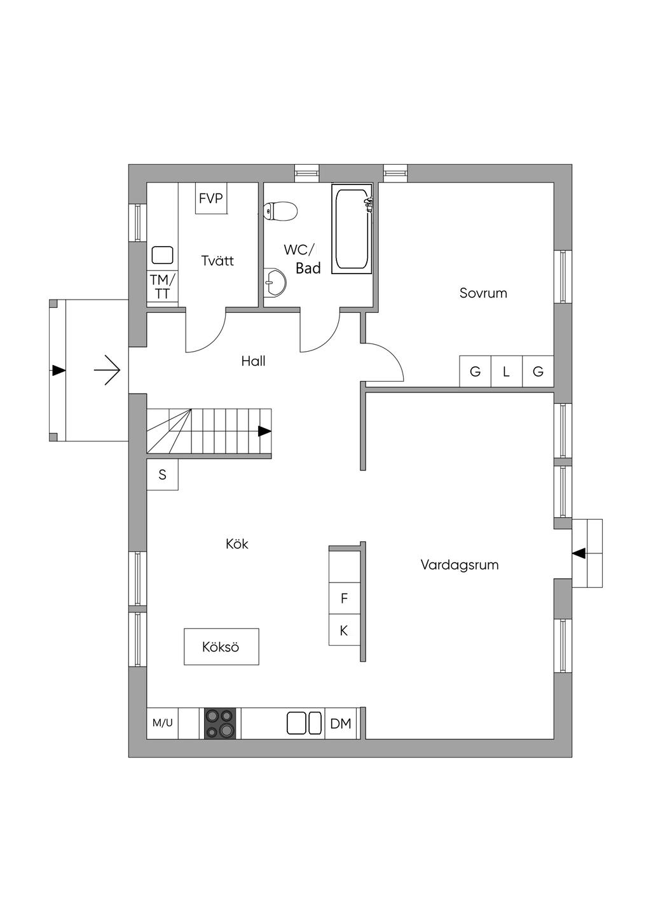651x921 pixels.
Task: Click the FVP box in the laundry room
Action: click(x=211, y=198)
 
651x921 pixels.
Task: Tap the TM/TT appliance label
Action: click(x=162, y=287)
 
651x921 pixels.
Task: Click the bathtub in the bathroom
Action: click(x=352, y=230)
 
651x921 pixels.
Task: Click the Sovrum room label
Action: click(x=483, y=293)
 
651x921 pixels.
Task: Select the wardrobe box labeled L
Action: click(x=507, y=371)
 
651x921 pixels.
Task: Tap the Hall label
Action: click(x=253, y=361)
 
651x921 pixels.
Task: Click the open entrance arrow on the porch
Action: click(x=107, y=370)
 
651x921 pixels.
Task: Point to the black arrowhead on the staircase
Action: click(x=264, y=431)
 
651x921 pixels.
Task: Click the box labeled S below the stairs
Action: click(x=162, y=474)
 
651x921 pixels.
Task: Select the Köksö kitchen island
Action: click(x=221, y=647)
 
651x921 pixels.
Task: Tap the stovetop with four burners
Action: click(x=220, y=723)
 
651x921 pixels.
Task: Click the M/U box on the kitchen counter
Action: click(x=162, y=723)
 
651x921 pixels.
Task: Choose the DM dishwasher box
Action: click(x=341, y=723)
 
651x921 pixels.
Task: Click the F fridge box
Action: click(x=344, y=598)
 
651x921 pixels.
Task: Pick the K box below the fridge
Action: click(x=344, y=630)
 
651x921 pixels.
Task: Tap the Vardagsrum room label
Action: click(x=459, y=565)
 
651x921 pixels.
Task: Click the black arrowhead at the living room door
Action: click(x=579, y=553)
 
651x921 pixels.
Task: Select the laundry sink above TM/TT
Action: click(x=162, y=255)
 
